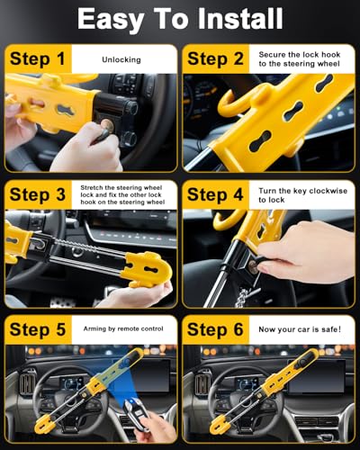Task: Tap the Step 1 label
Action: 38,58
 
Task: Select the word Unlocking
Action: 121,59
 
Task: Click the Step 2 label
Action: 215,58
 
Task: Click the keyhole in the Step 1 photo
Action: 107,125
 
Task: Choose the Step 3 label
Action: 38,194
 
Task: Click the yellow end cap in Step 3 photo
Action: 148,269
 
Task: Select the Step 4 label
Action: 215,194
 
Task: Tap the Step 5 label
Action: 38,329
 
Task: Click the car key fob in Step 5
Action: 135,411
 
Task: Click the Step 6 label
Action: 215,329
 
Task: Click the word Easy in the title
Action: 110,20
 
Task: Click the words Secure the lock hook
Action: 300,55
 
